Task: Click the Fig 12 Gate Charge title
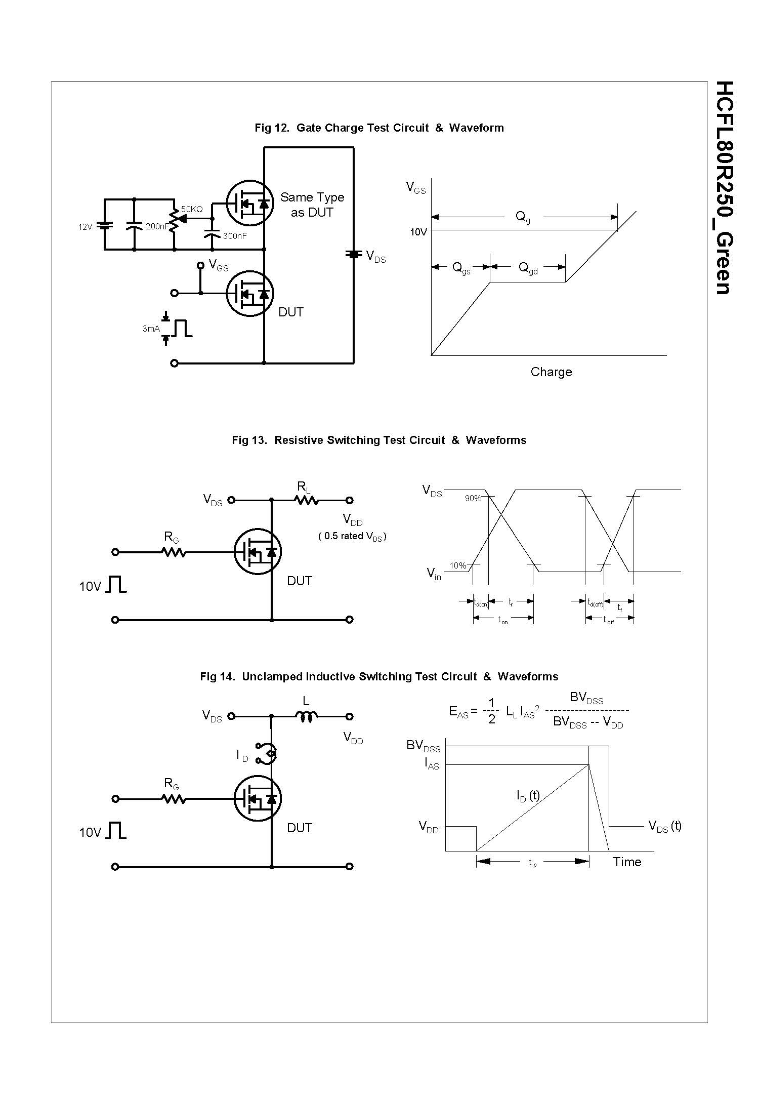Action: [x=379, y=128]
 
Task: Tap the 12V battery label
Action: [x=85, y=227]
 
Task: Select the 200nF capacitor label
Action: [x=157, y=227]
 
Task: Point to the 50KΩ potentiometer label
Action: [x=192, y=209]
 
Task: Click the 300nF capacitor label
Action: [x=235, y=236]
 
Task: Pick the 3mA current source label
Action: [x=151, y=329]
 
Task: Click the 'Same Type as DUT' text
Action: [x=312, y=205]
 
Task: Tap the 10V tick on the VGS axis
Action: [x=418, y=232]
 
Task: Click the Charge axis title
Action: [x=551, y=372]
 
